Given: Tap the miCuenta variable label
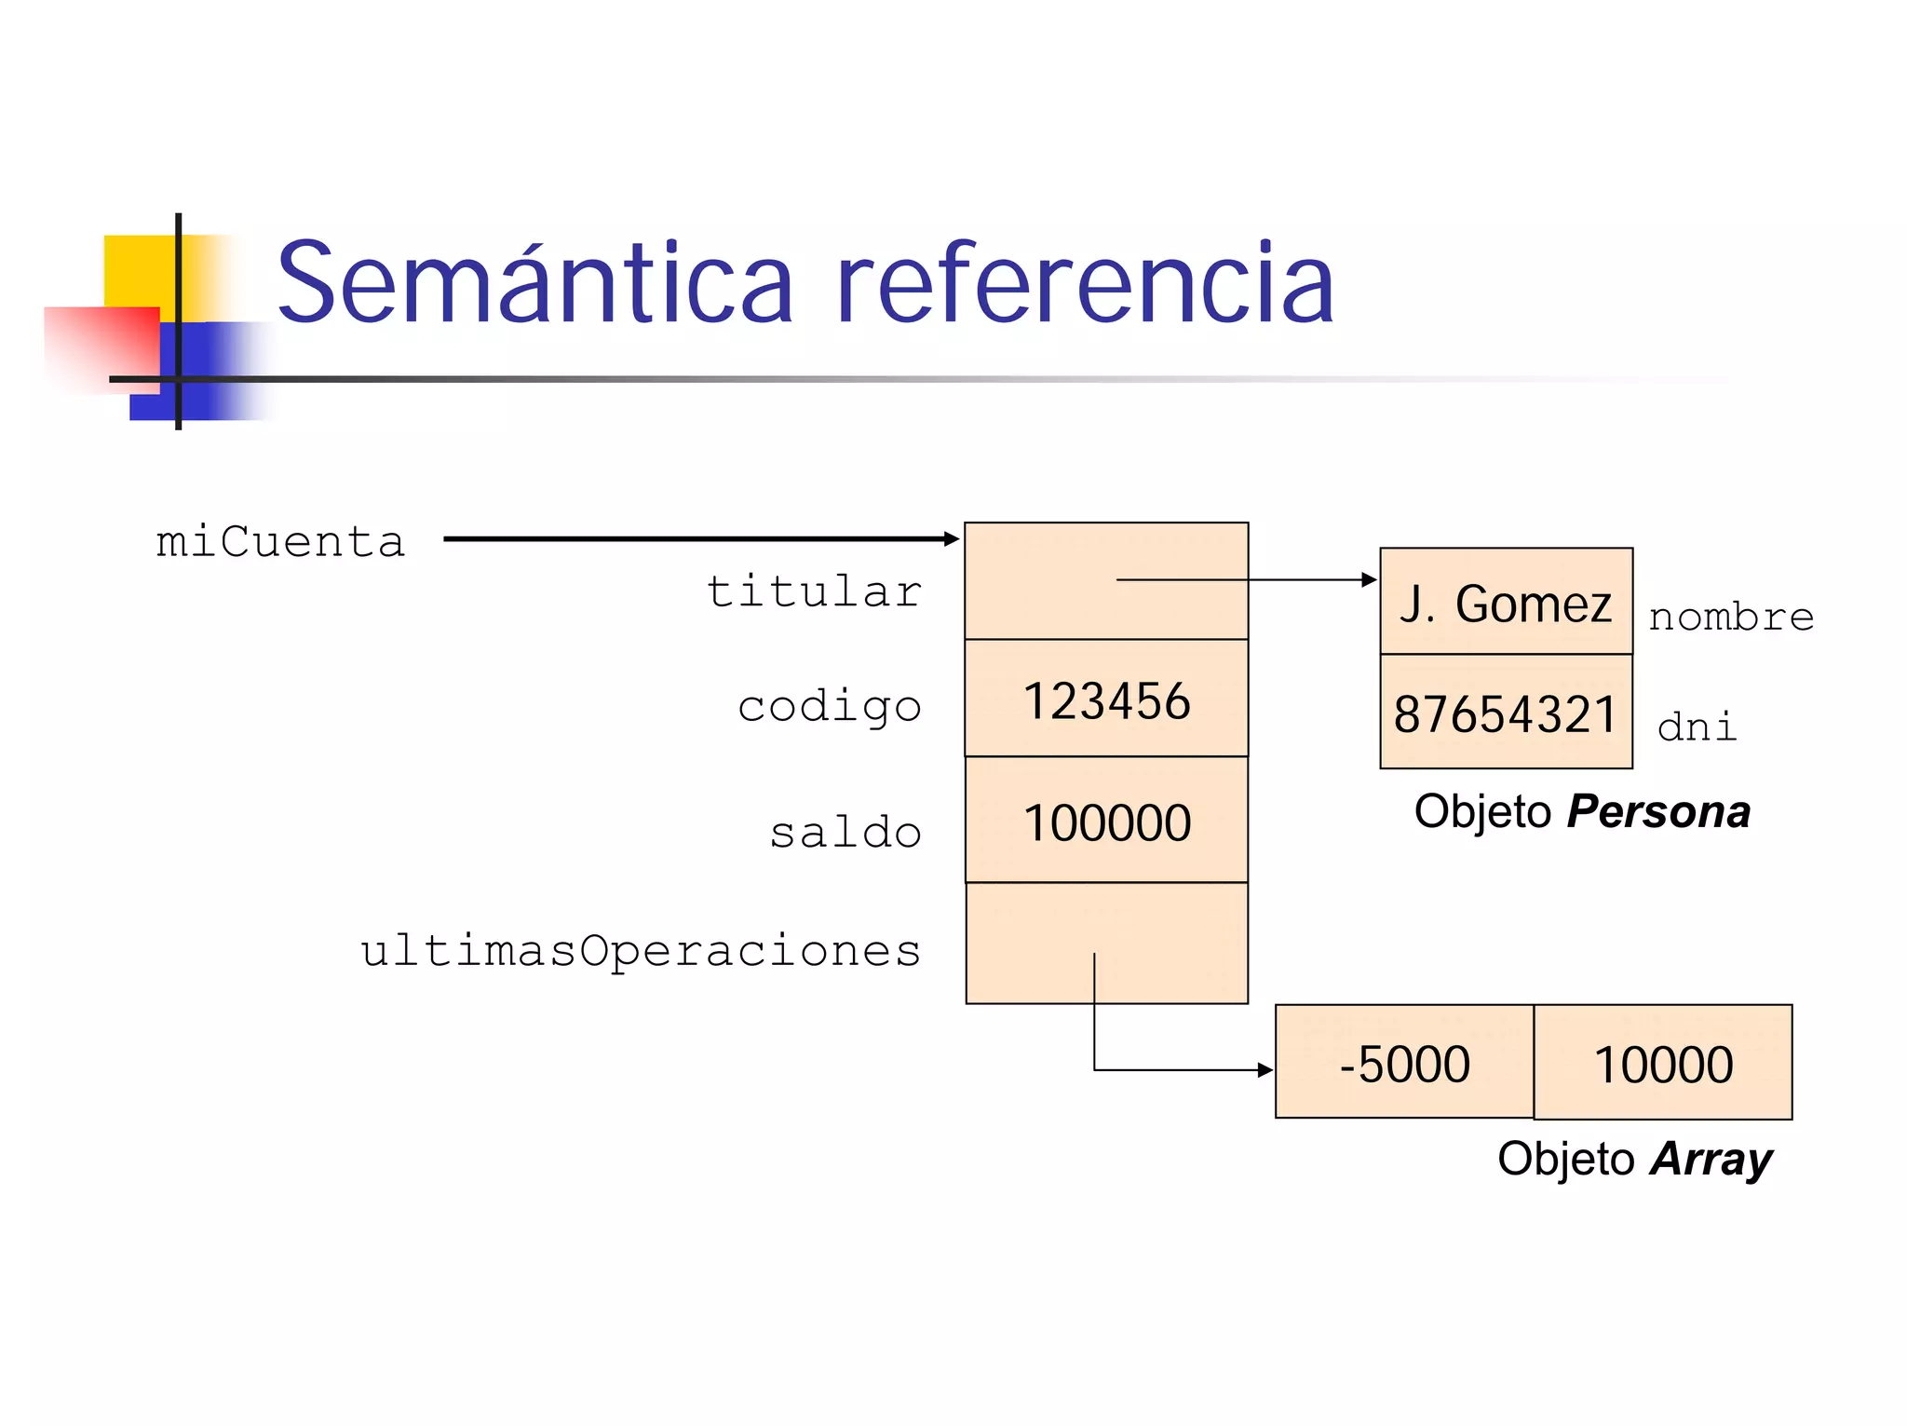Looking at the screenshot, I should click(280, 542).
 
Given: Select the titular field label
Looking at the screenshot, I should click(814, 592).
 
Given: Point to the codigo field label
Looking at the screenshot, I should click(829, 706).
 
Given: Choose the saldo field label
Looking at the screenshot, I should click(845, 832).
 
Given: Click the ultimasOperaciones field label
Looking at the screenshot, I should click(641, 951).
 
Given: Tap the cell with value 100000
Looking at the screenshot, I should click(1106, 821).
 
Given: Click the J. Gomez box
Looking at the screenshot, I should click(1506, 603).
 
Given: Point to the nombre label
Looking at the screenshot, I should click(1731, 617).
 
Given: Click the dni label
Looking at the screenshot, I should click(1697, 727).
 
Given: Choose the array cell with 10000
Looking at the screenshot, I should click(1663, 1063).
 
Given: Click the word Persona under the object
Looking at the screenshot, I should click(1658, 811).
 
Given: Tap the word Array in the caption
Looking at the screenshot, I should click(1711, 1159).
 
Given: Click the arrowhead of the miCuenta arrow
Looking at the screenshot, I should click(952, 538).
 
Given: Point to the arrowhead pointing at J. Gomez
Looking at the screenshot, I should click(1370, 579).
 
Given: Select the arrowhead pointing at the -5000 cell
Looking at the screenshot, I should click(1265, 1070).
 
